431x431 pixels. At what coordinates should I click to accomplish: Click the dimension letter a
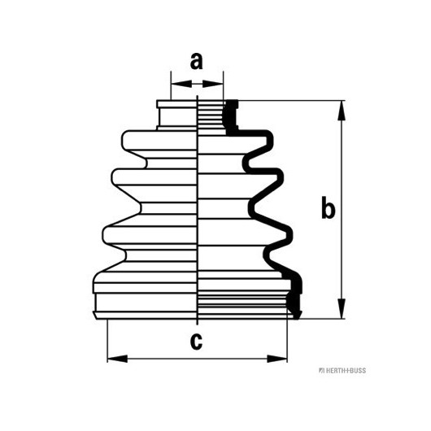tap(196, 61)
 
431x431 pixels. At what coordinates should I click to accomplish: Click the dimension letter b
tap(329, 207)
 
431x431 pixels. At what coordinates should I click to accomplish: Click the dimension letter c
tap(196, 342)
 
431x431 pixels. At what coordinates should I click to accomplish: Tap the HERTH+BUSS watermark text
tap(342, 371)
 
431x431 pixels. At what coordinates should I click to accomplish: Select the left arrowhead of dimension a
tap(181, 84)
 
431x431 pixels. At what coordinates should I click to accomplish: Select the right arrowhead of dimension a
tap(213, 84)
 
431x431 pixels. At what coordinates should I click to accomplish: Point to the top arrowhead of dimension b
tap(342, 111)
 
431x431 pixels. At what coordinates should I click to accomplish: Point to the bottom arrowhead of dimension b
tap(342, 309)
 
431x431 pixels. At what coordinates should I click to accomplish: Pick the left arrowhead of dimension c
tap(117, 359)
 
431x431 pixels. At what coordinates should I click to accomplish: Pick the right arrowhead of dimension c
tap(276, 359)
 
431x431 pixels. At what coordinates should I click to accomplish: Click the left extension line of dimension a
tap(171, 85)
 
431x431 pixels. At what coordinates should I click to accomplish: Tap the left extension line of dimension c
tap(107, 341)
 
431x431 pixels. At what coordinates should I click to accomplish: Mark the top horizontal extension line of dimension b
tap(291, 101)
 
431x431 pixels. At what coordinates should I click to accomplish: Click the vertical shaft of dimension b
tap(342, 210)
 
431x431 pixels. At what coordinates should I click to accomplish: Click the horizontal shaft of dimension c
tap(197, 359)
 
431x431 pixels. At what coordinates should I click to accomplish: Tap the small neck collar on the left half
tap(177, 115)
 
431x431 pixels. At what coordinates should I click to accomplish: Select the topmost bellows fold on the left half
tap(159, 141)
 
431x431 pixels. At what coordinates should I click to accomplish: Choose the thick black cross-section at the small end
tap(231, 118)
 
